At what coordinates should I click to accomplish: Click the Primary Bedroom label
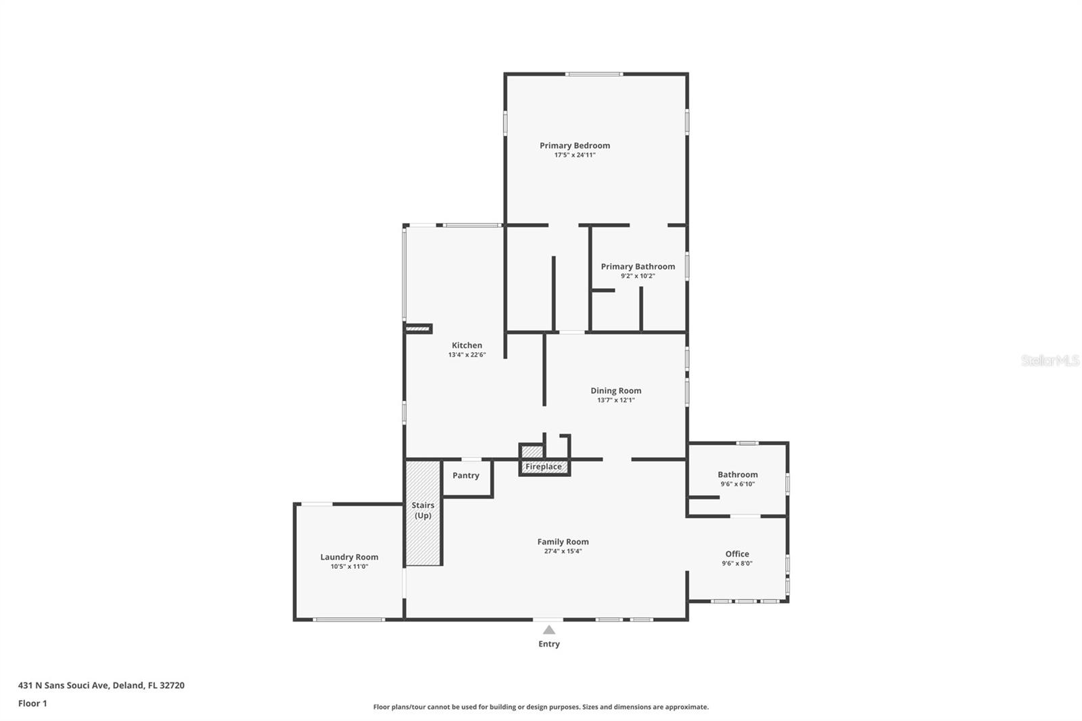click(x=574, y=145)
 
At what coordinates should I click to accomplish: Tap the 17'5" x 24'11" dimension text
click(x=574, y=155)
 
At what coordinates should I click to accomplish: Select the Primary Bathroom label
click(x=638, y=266)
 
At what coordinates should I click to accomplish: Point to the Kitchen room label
click(x=467, y=345)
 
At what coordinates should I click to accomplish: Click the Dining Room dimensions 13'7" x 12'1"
click(x=615, y=400)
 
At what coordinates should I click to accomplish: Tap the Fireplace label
click(x=543, y=467)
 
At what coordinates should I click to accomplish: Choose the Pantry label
click(x=465, y=475)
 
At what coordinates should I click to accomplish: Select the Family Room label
click(x=563, y=541)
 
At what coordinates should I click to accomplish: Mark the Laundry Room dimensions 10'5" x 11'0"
click(x=349, y=567)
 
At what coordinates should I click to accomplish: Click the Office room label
click(x=736, y=554)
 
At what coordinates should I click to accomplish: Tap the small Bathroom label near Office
click(x=737, y=475)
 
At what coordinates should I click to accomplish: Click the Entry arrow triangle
click(x=548, y=630)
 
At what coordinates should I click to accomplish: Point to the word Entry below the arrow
click(x=548, y=644)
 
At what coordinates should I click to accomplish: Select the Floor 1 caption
click(x=32, y=703)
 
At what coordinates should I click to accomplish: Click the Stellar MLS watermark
click(x=1050, y=360)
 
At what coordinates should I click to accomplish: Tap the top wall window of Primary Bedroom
click(x=594, y=74)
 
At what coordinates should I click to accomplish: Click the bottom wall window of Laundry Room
click(x=348, y=619)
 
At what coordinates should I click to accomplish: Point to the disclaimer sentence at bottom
click(x=540, y=707)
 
